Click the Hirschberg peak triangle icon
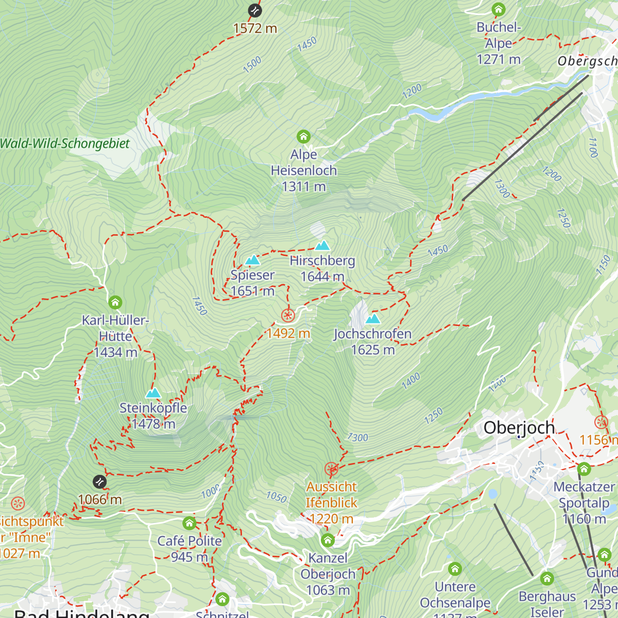(x=322, y=245)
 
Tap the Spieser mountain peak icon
(x=252, y=260)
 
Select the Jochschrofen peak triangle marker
(x=372, y=319)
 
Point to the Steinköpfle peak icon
(x=153, y=393)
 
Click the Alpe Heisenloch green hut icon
(x=304, y=137)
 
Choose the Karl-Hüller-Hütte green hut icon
(x=115, y=302)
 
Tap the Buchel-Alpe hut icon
(x=498, y=10)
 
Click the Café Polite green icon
(x=190, y=524)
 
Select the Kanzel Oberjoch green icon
(x=328, y=541)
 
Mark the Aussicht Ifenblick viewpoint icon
(x=331, y=469)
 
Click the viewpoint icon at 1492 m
(x=288, y=316)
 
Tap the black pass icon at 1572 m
(x=254, y=10)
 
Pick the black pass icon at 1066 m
(x=99, y=482)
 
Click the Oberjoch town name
(x=519, y=428)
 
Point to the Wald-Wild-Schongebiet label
(x=65, y=144)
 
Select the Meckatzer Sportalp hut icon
(x=583, y=469)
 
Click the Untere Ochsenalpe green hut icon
(x=455, y=569)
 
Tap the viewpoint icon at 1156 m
(x=601, y=423)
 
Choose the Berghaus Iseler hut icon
(x=547, y=579)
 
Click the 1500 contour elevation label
(x=252, y=65)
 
